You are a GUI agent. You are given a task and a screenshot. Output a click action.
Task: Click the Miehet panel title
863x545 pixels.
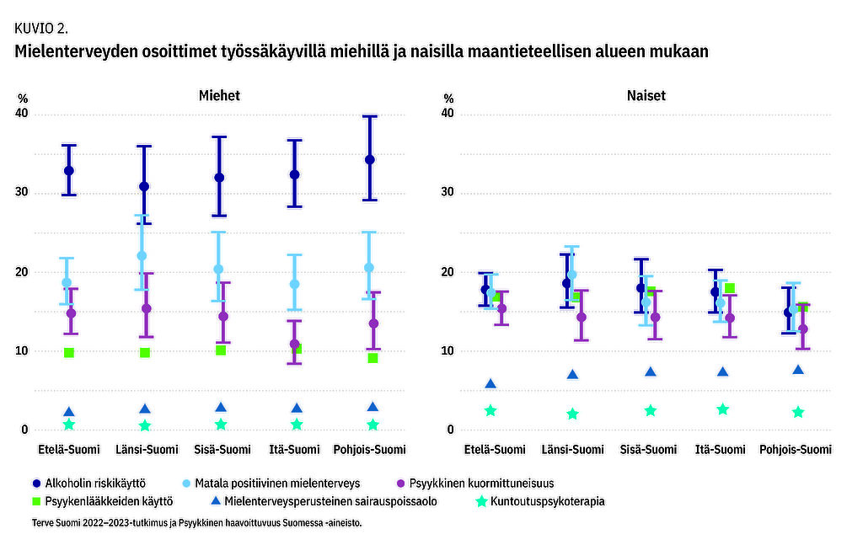coord(219,95)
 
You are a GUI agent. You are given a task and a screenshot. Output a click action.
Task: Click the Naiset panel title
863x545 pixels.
coord(646,95)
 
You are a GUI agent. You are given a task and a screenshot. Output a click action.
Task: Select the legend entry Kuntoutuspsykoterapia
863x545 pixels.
coord(539,501)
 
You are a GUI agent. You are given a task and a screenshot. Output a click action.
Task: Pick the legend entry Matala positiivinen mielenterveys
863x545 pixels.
coord(278,484)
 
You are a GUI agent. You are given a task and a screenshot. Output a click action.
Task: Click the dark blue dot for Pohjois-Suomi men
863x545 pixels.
coord(369,160)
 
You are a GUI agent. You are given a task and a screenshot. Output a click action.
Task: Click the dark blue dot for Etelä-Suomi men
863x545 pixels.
coord(69,171)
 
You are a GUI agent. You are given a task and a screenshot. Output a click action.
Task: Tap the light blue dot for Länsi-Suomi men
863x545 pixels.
coord(142,256)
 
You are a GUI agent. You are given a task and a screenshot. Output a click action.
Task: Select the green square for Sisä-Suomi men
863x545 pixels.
coord(221,350)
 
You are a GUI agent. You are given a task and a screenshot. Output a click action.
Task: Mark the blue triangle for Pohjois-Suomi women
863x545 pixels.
coord(798,370)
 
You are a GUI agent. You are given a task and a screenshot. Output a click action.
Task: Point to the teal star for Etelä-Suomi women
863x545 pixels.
coord(490,410)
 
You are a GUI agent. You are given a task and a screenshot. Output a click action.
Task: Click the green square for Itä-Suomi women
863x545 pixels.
coord(730,288)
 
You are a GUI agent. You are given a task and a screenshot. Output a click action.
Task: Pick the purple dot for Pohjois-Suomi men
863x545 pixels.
coord(373,323)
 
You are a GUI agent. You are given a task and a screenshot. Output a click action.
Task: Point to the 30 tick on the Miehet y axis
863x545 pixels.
coord(23,193)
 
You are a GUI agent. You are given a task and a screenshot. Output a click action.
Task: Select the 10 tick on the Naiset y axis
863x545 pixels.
coord(448,351)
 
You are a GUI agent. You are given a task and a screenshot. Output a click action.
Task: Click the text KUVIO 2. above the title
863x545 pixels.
coord(41,28)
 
